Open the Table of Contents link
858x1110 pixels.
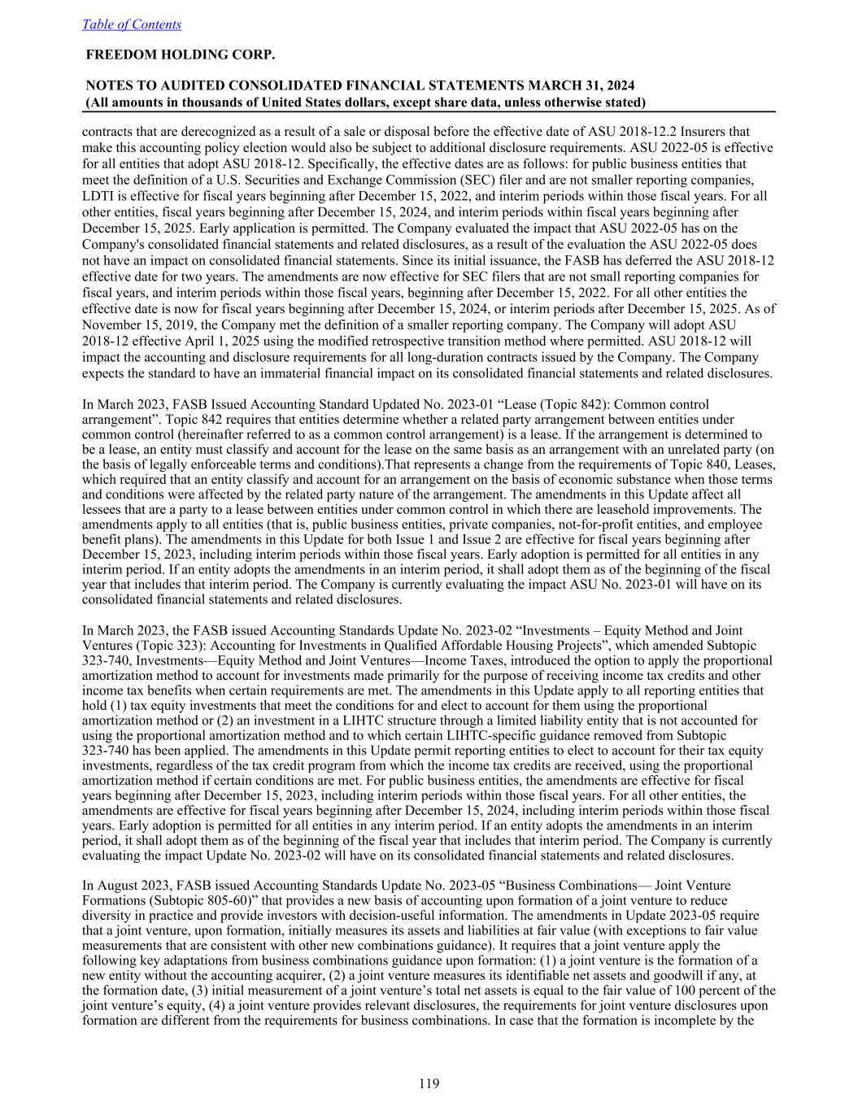coord(132,24)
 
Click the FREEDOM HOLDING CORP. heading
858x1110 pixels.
coord(180,54)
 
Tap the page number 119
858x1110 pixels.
coord(429,1082)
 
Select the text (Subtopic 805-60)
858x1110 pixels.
coord(145,900)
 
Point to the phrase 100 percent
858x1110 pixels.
coord(708,990)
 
